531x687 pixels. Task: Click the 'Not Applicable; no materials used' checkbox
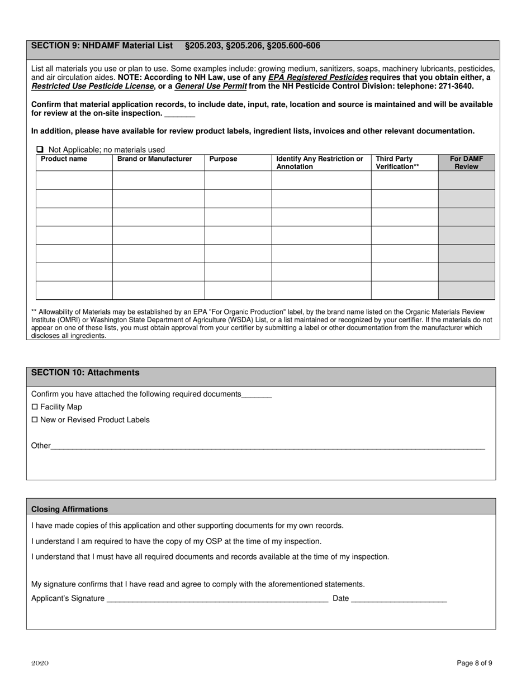tap(40, 149)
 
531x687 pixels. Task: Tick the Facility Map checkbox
tap(35, 407)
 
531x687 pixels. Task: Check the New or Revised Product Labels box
tap(35, 419)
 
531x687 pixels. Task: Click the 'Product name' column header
tap(64, 159)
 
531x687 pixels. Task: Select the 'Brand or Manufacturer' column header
tap(154, 159)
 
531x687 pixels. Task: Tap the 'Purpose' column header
tap(223, 159)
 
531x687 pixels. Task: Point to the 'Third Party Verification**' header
tap(397, 163)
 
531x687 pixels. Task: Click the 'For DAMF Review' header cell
tap(466, 163)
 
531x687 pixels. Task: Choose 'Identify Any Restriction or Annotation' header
tap(320, 163)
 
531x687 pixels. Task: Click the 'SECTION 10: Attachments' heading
tap(86, 373)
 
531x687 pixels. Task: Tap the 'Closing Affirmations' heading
tap(70, 509)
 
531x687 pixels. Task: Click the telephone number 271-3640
tap(454, 86)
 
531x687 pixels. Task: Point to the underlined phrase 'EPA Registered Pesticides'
tap(318, 77)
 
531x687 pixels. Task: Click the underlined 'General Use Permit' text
tap(211, 86)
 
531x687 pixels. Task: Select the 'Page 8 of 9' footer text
tap(475, 664)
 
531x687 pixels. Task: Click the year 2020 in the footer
tap(40, 663)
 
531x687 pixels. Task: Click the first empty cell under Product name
tap(74, 180)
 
